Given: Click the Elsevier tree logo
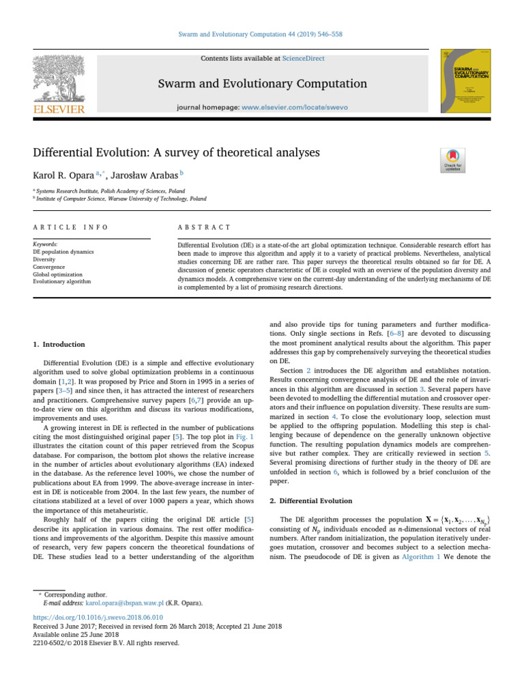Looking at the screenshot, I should coord(59,81).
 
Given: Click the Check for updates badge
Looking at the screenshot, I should coord(453,160).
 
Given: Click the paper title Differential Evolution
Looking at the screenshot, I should coord(176,152).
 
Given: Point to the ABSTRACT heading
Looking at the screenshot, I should coord(203,227).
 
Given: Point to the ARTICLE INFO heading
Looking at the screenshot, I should coord(70,227).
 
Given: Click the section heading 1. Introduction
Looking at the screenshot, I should coord(59,344).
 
